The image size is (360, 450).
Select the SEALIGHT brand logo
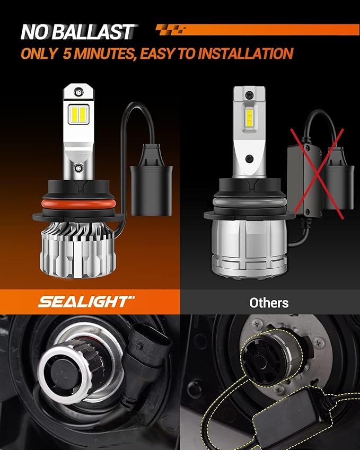(83, 302)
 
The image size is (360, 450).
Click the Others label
(269, 303)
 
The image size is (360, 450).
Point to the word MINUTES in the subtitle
(102, 54)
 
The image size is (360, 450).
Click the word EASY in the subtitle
(159, 54)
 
